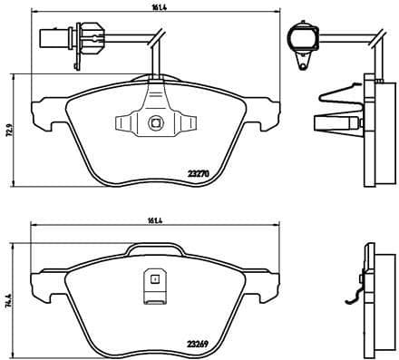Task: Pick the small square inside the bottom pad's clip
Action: (154, 279)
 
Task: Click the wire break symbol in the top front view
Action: (157, 37)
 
